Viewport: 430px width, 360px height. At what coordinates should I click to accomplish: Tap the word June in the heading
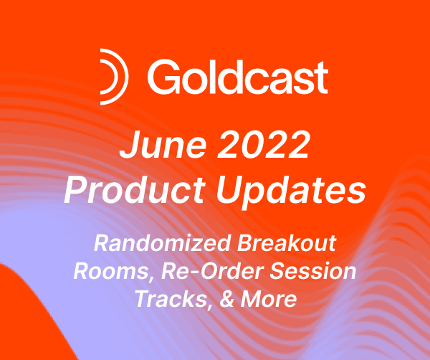point(159,148)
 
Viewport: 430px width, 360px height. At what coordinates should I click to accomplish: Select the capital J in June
point(128,148)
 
